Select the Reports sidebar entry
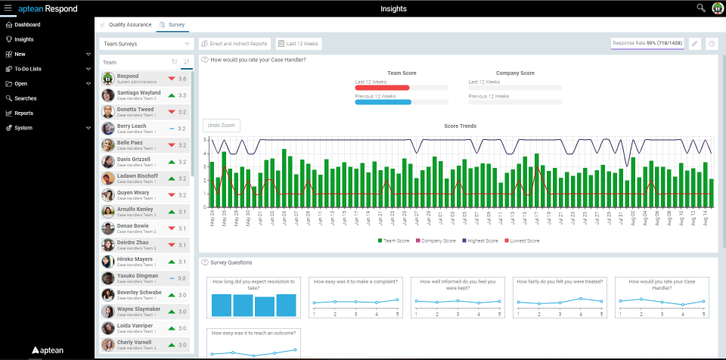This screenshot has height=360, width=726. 23,113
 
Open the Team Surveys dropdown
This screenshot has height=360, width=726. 147,45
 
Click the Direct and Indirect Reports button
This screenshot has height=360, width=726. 234,45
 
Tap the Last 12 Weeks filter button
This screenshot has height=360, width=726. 299,45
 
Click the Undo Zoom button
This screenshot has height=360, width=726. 222,126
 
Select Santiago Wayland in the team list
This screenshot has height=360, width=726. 138,93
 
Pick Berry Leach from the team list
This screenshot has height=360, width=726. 132,126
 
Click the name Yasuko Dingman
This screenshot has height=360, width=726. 138,276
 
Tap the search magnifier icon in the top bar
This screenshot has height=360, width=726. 700,8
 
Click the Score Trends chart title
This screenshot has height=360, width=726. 460,126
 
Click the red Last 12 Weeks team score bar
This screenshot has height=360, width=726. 382,88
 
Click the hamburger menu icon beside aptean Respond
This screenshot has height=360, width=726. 8,8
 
